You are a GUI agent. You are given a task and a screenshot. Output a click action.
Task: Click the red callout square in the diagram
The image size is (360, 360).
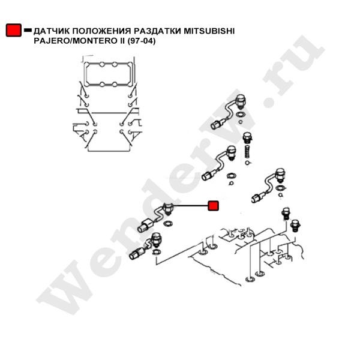212,206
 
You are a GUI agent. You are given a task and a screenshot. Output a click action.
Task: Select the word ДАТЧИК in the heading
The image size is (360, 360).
52,30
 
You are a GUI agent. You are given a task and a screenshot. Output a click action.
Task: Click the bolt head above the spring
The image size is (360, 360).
245,136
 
